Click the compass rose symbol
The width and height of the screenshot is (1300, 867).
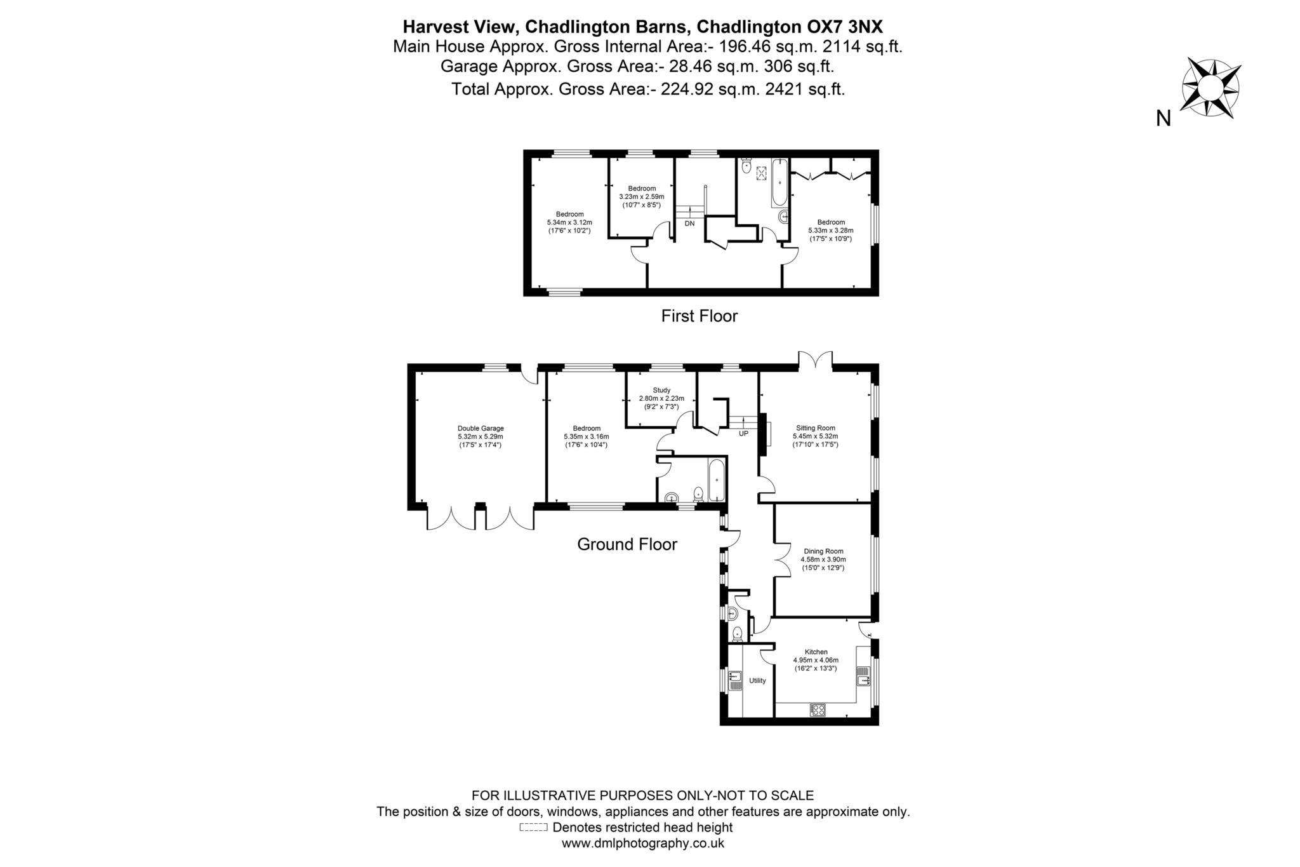1210,88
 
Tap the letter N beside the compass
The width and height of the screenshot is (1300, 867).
1164,118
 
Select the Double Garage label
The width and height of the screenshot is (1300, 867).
481,436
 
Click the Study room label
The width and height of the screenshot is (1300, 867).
661,398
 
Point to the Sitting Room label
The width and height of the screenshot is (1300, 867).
815,436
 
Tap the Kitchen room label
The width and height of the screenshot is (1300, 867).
816,659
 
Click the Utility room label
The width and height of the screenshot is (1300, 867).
757,680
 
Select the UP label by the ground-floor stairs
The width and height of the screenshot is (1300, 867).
743,434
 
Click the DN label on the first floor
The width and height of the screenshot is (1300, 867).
689,224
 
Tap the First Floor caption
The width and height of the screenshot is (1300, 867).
699,316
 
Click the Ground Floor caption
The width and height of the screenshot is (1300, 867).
627,544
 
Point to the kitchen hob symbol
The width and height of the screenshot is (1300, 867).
818,709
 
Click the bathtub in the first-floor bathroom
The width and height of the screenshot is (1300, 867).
779,183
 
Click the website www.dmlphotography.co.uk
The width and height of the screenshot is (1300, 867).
642,843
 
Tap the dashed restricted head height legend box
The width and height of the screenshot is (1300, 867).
533,828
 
